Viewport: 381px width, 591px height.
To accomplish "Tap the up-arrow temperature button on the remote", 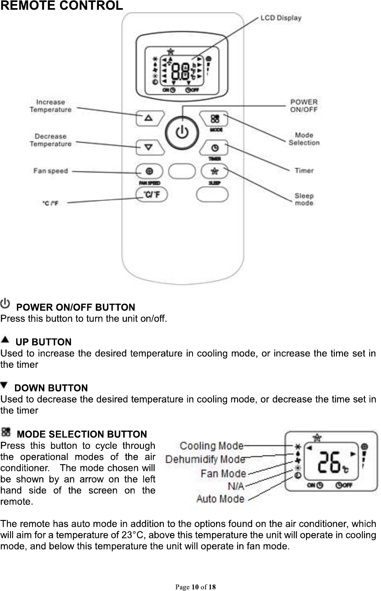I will point(149,118).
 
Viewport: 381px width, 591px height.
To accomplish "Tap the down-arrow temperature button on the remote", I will point(149,147).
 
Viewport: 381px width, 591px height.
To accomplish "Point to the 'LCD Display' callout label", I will point(280,18).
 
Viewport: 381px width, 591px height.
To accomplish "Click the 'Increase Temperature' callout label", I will point(51,106).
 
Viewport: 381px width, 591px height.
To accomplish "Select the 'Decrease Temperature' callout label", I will point(50,140).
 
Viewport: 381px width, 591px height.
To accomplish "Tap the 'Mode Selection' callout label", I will point(304,139).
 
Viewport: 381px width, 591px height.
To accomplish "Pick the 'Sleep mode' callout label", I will point(304,199).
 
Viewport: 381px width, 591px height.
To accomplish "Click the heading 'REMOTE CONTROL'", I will point(61,6).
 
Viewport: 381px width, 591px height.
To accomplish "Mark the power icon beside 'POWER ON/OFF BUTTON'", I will point(6,303).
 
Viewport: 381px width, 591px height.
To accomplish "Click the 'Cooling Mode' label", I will point(212,446).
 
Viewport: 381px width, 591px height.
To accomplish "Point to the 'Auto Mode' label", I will point(220,498).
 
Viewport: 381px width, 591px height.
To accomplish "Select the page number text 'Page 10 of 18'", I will point(195,587).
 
